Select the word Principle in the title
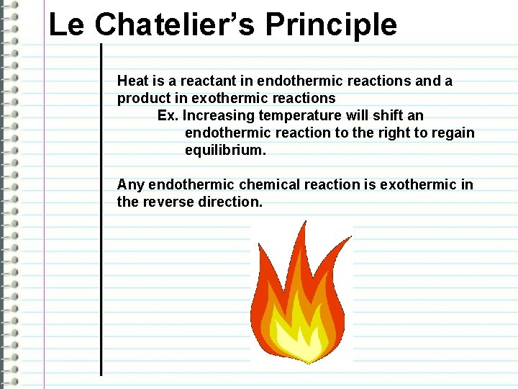click(x=331, y=24)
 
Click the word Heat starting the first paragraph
click(x=132, y=81)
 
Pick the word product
click(x=142, y=98)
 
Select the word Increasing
click(x=217, y=115)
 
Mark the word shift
click(x=389, y=115)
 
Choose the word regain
click(x=453, y=133)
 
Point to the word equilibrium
click(x=225, y=150)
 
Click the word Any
click(x=130, y=184)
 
